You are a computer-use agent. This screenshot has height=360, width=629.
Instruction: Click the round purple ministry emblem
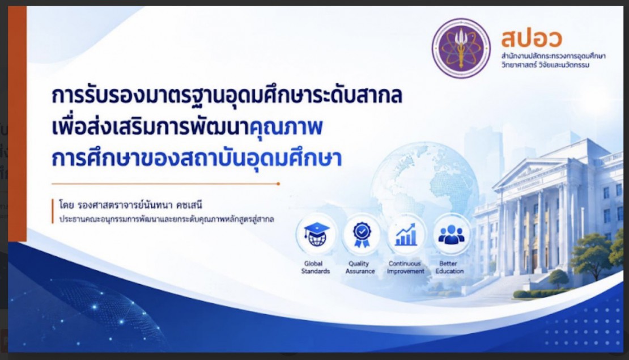coord(461,48)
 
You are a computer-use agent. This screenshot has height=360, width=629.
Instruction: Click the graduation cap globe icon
coord(316,235)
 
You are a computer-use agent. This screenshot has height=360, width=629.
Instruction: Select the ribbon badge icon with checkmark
coord(362,235)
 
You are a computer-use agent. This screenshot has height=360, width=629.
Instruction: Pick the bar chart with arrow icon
coord(406,235)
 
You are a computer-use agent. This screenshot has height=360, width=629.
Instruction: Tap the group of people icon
coord(451,235)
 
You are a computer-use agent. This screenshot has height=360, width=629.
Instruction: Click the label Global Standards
coord(315,267)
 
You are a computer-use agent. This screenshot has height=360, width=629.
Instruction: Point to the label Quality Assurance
coord(360,267)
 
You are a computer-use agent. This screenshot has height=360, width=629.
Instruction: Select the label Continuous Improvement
coord(405,267)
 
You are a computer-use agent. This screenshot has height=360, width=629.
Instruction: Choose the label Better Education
coord(449,267)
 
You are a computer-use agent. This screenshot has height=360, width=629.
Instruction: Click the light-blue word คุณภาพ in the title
coord(286,128)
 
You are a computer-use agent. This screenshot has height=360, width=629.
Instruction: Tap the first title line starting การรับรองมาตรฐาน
coord(227,95)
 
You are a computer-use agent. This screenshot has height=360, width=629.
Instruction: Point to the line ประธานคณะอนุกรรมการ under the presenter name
coord(167,219)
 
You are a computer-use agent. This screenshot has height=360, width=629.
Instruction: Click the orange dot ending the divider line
coord(278,184)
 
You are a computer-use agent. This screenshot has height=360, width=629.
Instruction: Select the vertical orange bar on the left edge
coord(17,124)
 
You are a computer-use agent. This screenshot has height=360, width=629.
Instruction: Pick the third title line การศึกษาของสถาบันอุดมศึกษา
coord(197,159)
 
